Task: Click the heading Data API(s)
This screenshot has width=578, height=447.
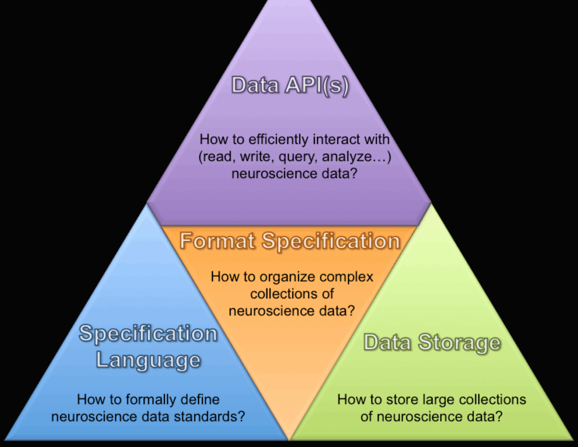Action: point(290,85)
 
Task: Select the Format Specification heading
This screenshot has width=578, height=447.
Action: point(290,241)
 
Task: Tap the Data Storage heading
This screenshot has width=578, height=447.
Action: point(432,343)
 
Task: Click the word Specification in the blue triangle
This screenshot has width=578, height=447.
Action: point(148,334)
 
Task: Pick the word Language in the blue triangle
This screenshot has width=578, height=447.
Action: point(148,360)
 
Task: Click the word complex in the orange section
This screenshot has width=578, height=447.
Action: point(347,277)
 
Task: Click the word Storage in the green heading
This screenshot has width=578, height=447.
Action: point(459,343)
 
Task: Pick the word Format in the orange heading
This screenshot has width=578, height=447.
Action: point(217,241)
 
